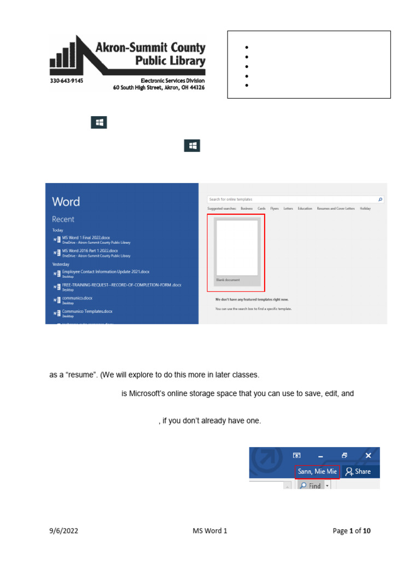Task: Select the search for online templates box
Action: [x=293, y=199]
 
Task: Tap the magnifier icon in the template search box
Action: [x=381, y=199]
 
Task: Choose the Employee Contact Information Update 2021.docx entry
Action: [x=106, y=272]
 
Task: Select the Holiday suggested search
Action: [x=365, y=209]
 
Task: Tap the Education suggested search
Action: [x=305, y=209]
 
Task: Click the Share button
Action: [x=358, y=471]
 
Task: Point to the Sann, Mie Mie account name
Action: [x=317, y=471]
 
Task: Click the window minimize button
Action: [x=320, y=455]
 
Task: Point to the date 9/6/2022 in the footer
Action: [x=62, y=531]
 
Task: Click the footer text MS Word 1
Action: [x=209, y=531]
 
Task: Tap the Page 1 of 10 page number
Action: [x=352, y=531]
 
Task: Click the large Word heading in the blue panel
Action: [x=66, y=202]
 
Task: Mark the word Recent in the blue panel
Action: [x=63, y=219]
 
